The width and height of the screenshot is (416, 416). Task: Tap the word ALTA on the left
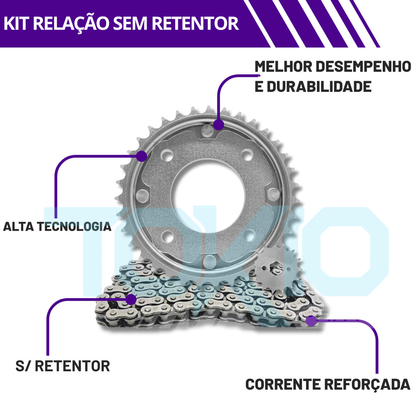click(x=18, y=226)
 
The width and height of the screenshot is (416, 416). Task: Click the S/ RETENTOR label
click(x=63, y=366)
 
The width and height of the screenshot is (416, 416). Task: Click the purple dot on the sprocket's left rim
click(x=141, y=156)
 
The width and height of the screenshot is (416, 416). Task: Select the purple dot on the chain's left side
click(x=130, y=300)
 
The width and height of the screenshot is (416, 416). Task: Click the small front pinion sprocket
click(x=276, y=270)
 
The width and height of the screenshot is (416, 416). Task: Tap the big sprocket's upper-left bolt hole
click(x=166, y=156)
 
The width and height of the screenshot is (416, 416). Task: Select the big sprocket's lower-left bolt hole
click(x=166, y=236)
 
